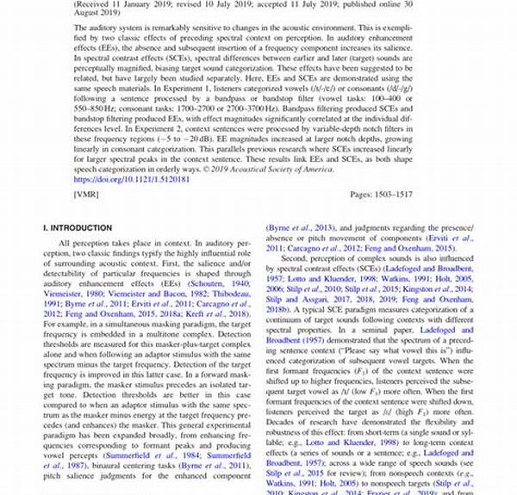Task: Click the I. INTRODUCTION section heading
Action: (78, 228)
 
